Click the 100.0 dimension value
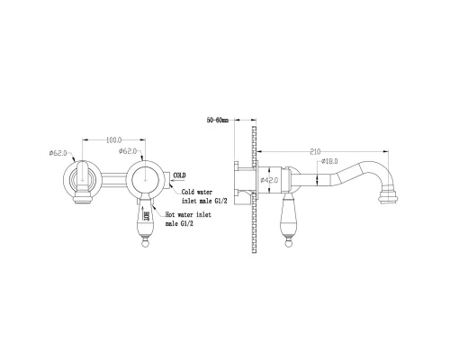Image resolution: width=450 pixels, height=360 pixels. pyautogui.click(x=114, y=139)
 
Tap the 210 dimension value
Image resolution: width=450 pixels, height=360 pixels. pyautogui.click(x=315, y=152)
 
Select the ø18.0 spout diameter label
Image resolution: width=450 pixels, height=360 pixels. pyautogui.click(x=329, y=161)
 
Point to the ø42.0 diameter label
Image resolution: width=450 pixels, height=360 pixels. pyautogui.click(x=269, y=180)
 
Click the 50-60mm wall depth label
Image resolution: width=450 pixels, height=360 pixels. pyautogui.click(x=218, y=121)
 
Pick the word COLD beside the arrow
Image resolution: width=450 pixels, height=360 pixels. pyautogui.click(x=180, y=175)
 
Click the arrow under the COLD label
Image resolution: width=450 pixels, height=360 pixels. pyautogui.click(x=177, y=181)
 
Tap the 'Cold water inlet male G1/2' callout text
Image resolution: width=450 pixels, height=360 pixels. pyautogui.click(x=204, y=196)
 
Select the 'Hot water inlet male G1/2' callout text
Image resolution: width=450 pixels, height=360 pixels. pyautogui.click(x=188, y=219)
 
